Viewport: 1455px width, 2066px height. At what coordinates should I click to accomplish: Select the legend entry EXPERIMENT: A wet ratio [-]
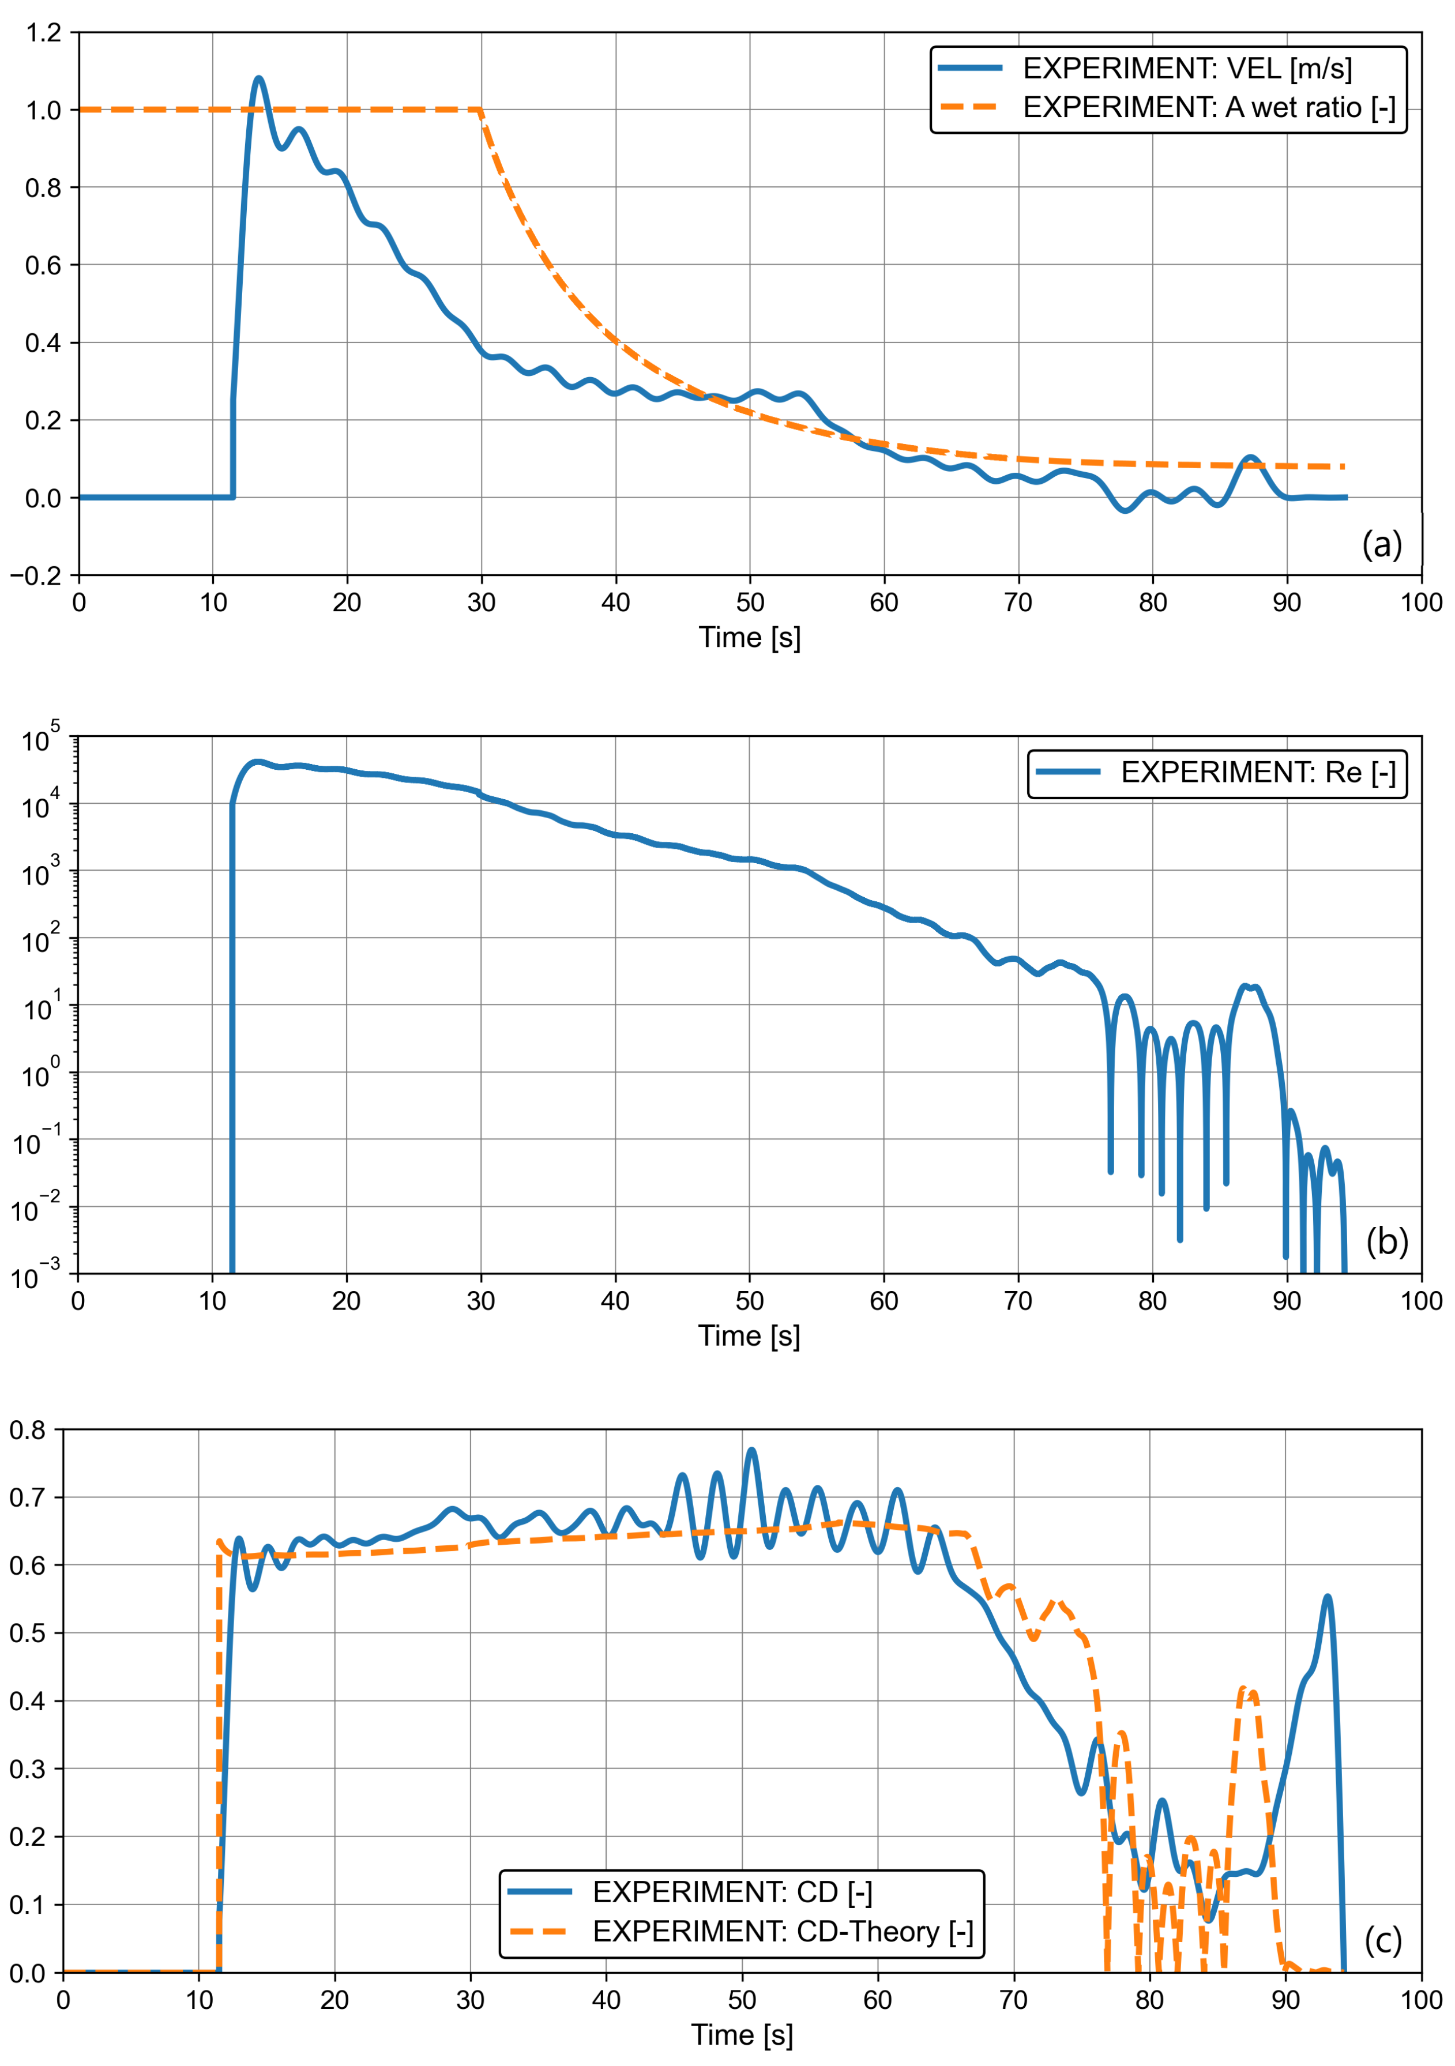[x=1208, y=107]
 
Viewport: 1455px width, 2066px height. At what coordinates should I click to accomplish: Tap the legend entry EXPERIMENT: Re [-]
[x=1257, y=772]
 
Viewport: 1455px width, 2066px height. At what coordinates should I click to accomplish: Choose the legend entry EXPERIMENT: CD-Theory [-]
[x=782, y=1931]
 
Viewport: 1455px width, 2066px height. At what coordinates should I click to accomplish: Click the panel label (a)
[x=1381, y=544]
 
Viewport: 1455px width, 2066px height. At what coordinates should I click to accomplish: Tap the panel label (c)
[x=1382, y=1940]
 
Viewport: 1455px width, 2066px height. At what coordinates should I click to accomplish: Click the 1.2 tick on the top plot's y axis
[x=43, y=33]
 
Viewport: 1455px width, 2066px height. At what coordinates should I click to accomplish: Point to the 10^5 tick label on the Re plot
[x=40, y=739]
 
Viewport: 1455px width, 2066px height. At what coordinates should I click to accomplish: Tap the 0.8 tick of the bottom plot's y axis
[x=27, y=1430]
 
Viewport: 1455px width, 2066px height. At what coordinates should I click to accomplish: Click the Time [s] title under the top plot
[x=750, y=637]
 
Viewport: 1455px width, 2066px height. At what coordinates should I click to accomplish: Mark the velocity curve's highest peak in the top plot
[x=259, y=78]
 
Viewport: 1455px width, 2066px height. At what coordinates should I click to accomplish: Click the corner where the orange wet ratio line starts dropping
[x=480, y=110]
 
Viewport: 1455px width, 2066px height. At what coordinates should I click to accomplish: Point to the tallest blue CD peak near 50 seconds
[x=751, y=1450]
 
